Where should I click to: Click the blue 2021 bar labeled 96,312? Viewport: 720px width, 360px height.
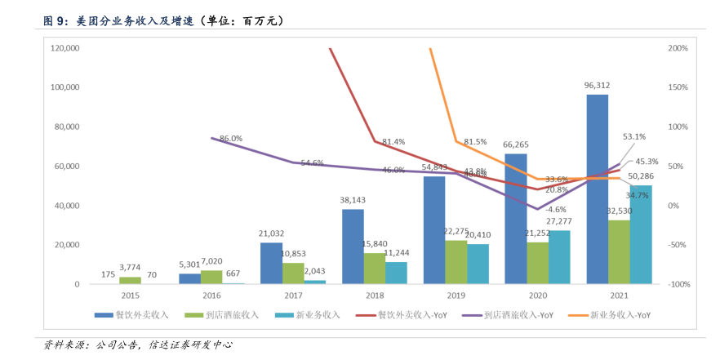(x=597, y=189)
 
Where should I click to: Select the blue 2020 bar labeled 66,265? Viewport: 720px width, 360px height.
(x=515, y=219)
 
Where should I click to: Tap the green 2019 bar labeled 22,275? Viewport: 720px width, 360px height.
(x=456, y=262)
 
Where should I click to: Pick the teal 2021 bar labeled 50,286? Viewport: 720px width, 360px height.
(x=641, y=234)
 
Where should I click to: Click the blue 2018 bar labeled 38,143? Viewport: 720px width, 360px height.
(x=353, y=247)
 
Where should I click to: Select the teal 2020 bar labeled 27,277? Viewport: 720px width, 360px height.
(x=559, y=257)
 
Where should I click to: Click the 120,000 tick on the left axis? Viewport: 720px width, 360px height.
(x=64, y=48)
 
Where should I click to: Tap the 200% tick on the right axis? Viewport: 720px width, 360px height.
(x=678, y=48)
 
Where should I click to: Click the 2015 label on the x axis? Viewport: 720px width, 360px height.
(x=130, y=297)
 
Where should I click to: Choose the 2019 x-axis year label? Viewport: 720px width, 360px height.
(x=456, y=297)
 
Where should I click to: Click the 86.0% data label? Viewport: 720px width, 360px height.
(x=231, y=139)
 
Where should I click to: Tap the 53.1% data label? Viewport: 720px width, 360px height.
(x=634, y=137)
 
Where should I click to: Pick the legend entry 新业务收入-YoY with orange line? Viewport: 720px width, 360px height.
(x=616, y=314)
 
